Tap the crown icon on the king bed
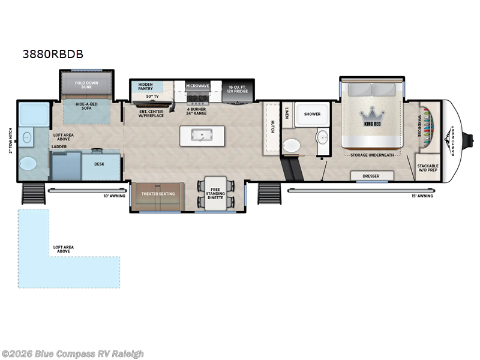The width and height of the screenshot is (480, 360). [372, 115]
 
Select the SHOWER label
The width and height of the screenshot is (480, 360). [312, 113]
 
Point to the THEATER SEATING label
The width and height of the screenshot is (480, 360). [157, 194]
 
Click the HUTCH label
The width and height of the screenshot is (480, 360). [272, 126]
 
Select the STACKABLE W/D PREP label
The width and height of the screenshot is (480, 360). [428, 168]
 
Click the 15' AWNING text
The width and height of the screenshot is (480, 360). [422, 196]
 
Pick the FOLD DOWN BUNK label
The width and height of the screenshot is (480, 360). [87, 85]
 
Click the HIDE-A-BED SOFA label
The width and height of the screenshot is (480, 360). [87, 107]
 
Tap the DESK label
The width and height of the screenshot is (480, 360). [100, 163]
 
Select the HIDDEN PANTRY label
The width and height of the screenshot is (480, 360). [146, 86]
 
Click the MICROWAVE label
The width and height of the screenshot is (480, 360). [197, 86]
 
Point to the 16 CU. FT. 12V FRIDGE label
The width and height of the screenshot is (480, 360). [238, 89]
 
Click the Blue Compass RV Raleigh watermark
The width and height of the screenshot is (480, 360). [73, 353]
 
